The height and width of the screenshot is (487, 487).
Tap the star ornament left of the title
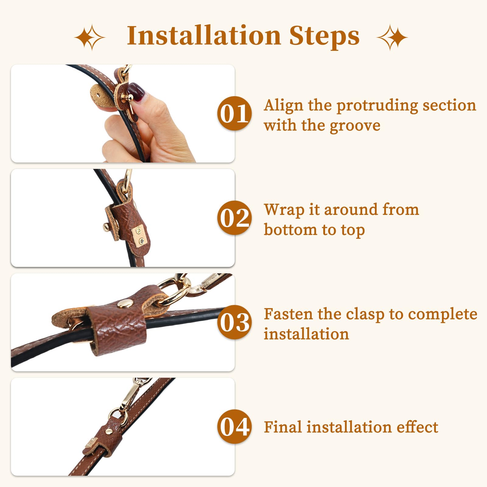click(90, 37)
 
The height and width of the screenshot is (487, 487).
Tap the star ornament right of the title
click(392, 37)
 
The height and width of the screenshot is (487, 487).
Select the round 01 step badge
click(235, 114)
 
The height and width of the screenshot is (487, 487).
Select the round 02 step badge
click(235, 218)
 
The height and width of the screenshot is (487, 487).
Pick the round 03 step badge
click(235, 322)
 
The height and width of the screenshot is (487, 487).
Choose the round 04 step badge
click(235, 427)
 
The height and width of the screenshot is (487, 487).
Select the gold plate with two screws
click(140, 235)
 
